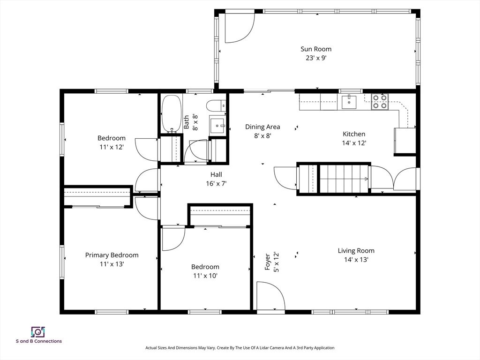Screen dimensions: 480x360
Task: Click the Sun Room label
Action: click(x=316, y=49)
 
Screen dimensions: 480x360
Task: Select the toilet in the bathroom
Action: click(x=216, y=105)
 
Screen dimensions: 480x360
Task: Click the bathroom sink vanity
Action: click(x=217, y=125)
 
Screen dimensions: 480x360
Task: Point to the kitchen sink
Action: click(x=349, y=102)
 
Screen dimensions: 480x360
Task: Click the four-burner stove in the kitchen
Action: click(x=380, y=102)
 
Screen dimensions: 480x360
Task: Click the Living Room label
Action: click(x=356, y=251)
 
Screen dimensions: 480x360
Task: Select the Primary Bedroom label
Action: click(x=112, y=255)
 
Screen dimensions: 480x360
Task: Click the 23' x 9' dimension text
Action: click(x=316, y=58)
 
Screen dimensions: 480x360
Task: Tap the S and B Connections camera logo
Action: click(x=38, y=332)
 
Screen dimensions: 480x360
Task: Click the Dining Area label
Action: click(x=262, y=127)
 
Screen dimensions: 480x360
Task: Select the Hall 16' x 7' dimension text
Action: click(x=216, y=184)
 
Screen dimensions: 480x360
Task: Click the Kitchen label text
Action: click(x=354, y=134)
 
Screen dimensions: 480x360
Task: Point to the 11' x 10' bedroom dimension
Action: click(x=205, y=276)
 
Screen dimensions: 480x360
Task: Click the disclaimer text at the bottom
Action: click(x=240, y=348)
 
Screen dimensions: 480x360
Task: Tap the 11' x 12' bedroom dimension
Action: click(x=112, y=147)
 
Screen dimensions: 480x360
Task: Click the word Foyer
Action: click(x=268, y=262)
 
